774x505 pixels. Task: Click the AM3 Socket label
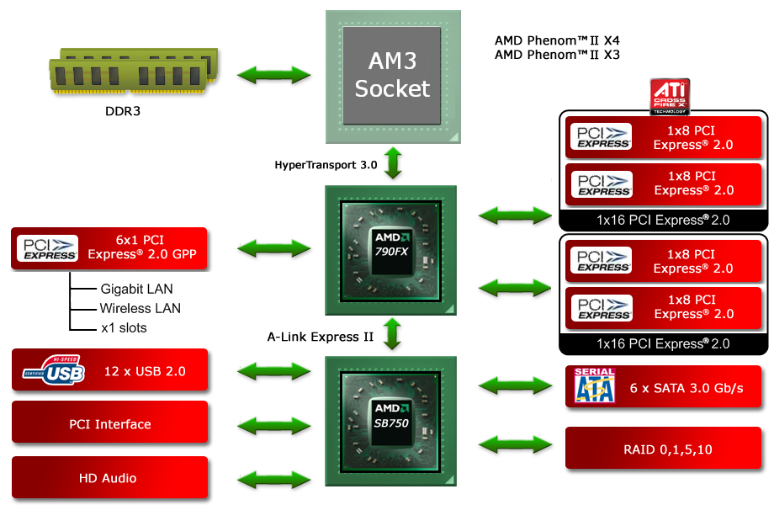[392, 75]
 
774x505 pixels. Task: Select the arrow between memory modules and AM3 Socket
[273, 75]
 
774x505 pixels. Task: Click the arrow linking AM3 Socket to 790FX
[392, 162]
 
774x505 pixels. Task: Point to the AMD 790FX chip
[391, 250]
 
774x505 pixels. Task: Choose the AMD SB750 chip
[391, 419]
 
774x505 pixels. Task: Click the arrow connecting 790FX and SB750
[392, 333]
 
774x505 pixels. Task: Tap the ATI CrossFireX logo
[670, 96]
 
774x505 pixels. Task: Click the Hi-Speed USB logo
[54, 370]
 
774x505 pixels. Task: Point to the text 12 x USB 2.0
[145, 371]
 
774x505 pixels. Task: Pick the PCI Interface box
[109, 423]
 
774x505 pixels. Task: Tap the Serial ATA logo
[594, 385]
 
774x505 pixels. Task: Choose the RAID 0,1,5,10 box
[666, 449]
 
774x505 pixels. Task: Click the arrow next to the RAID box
[515, 442]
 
